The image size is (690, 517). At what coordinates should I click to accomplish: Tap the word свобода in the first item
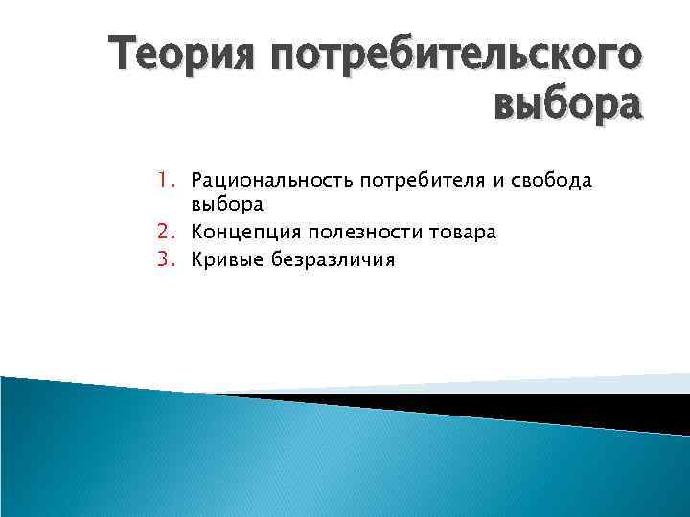[517, 179]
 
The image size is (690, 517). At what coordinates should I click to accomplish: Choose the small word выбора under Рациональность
[226, 205]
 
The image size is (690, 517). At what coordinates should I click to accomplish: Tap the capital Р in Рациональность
[197, 179]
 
